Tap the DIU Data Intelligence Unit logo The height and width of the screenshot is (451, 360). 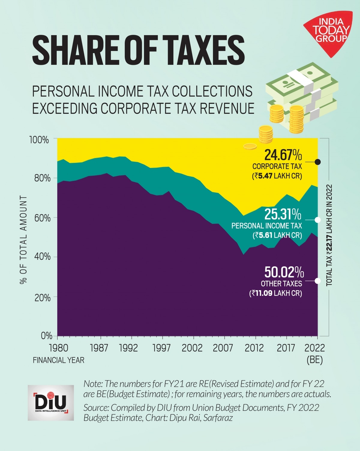pos(51,403)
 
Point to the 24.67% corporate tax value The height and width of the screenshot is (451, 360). pos(283,155)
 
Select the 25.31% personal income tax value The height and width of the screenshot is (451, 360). pos(283,215)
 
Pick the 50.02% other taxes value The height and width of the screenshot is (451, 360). pos(284,272)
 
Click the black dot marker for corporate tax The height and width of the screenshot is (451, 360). pos(318,162)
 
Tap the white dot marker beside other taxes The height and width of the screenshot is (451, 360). pos(318,281)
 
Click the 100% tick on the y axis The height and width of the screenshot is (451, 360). pos(39,140)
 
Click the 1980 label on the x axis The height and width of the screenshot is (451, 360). pos(58,348)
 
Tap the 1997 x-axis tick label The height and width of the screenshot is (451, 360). pos(161,348)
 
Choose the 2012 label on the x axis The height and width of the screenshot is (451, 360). pos(255,348)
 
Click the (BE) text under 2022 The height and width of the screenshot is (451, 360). pos(314,360)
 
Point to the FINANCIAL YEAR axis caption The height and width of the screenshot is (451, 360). pos(58,360)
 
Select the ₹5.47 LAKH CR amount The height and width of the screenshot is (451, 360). pos(277,176)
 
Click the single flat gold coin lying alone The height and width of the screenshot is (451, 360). pos(250,146)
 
